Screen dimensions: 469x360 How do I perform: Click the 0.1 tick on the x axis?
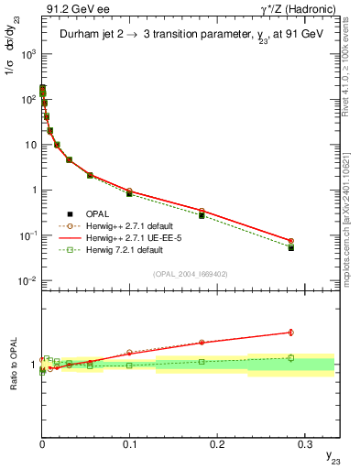(x=129, y=442)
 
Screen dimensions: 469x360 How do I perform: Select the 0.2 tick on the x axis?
(x=216, y=442)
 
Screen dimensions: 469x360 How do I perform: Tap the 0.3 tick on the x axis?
(x=303, y=442)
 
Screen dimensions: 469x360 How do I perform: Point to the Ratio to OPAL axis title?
(x=11, y=366)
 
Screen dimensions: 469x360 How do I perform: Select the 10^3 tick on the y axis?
(x=27, y=53)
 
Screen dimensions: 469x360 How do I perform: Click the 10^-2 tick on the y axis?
(x=27, y=280)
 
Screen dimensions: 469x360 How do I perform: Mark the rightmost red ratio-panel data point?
(x=290, y=333)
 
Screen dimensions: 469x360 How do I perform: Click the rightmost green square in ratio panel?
(x=290, y=358)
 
